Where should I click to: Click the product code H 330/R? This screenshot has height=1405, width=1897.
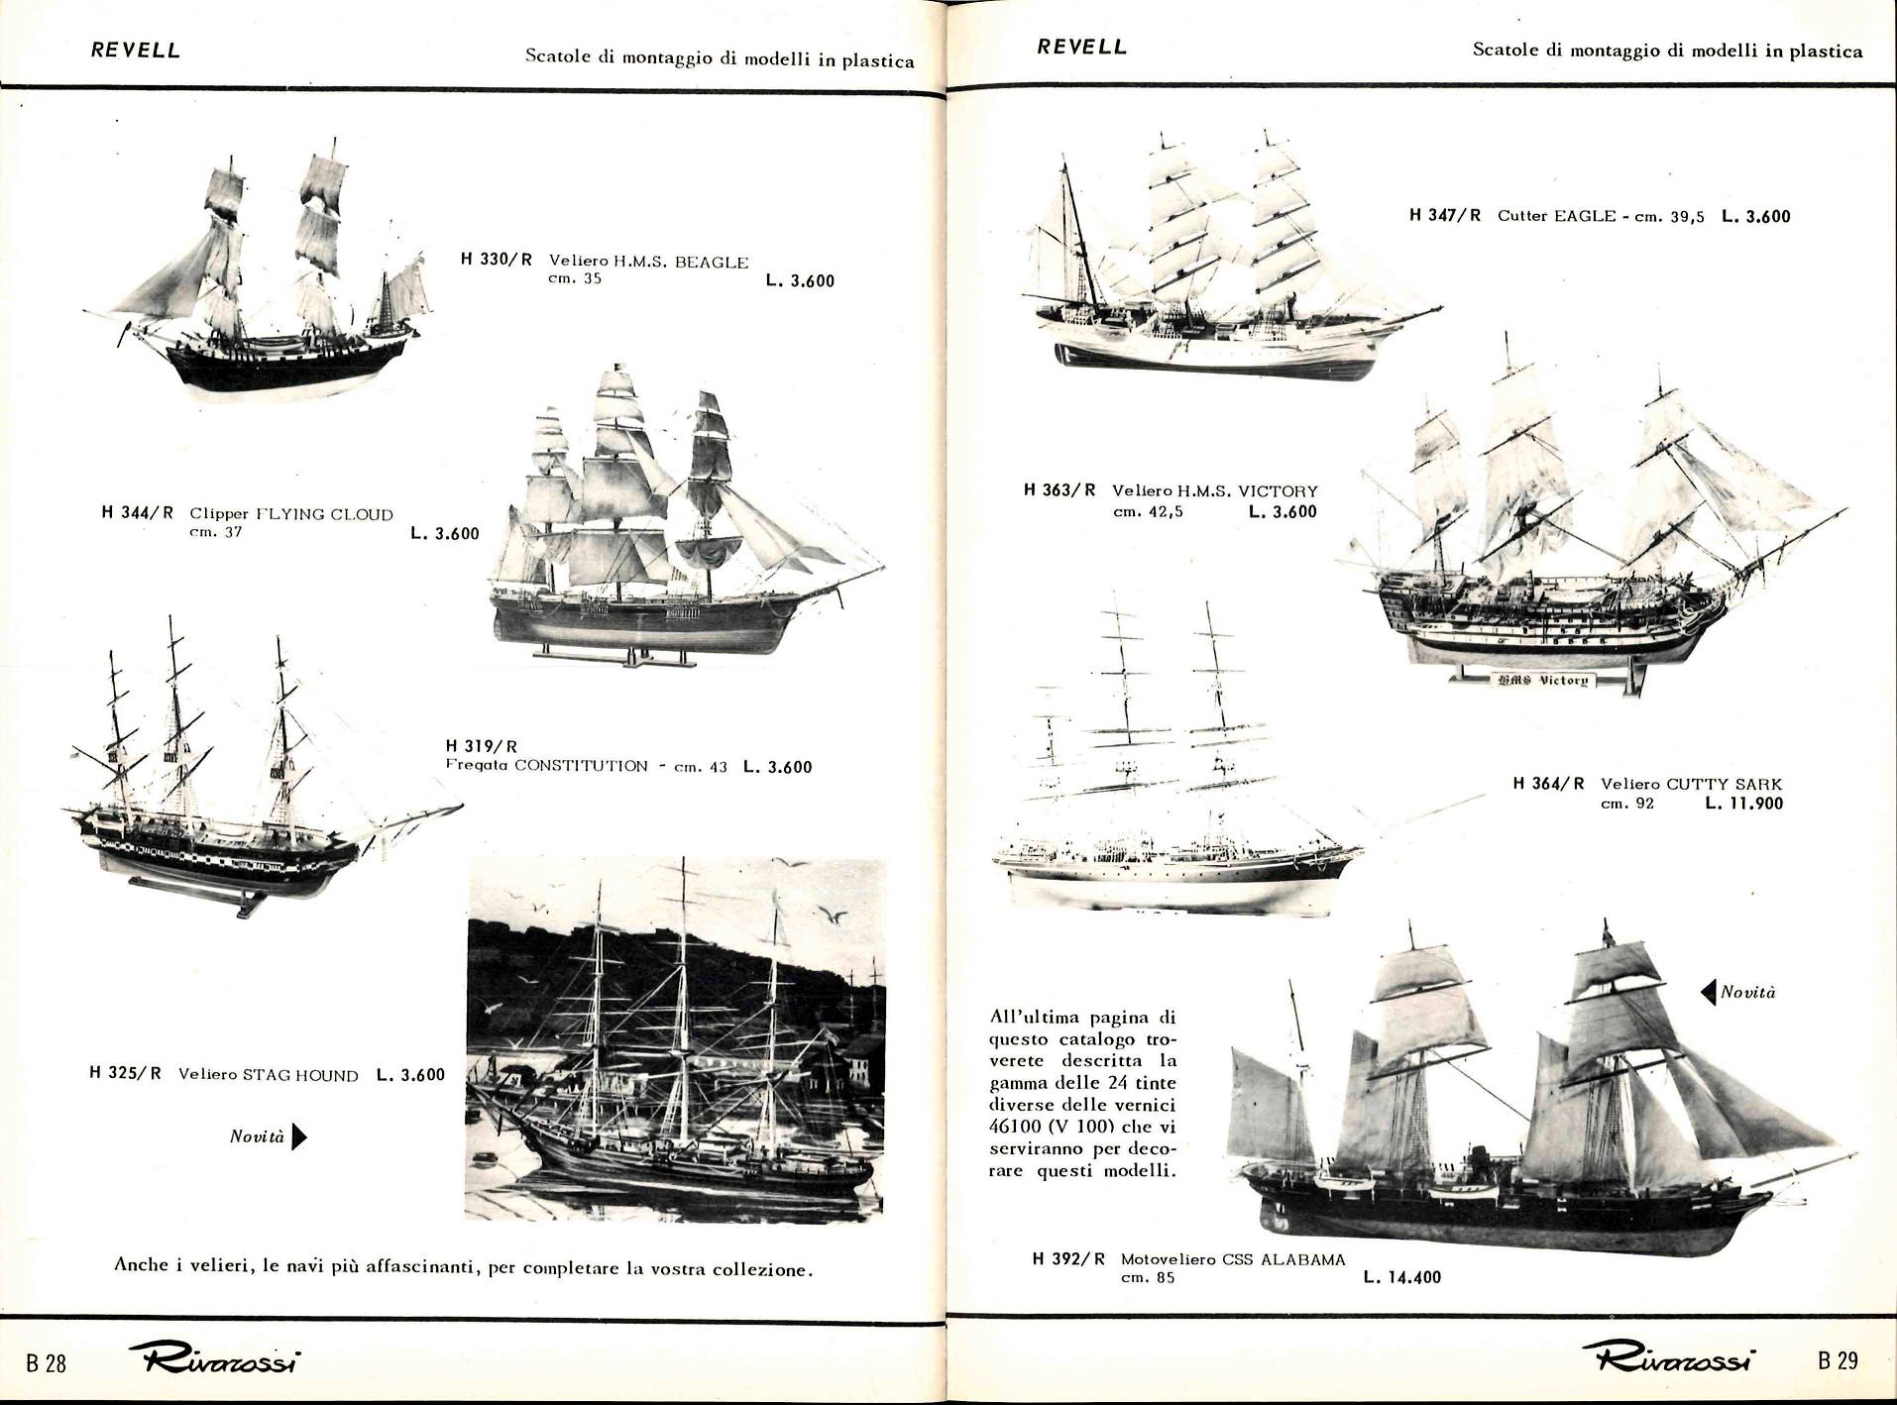497,260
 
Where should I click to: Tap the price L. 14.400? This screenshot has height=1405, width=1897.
1402,1277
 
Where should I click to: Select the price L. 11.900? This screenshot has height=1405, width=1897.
1744,803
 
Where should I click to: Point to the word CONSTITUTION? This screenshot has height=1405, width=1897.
581,766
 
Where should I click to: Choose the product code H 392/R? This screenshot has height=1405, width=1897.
1068,1259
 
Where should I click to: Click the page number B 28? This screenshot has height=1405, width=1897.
46,1363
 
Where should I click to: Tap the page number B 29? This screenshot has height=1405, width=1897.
1838,1360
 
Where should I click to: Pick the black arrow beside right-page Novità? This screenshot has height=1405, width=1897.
1708,992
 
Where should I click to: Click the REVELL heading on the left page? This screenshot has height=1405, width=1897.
136,50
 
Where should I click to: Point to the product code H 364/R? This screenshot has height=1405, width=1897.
1549,783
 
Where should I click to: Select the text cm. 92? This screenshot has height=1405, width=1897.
1627,804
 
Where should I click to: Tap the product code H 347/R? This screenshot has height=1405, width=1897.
1445,215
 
